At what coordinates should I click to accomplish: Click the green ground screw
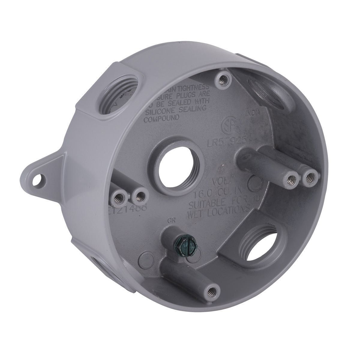click(186, 243)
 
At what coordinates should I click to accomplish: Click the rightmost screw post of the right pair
click(309, 178)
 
